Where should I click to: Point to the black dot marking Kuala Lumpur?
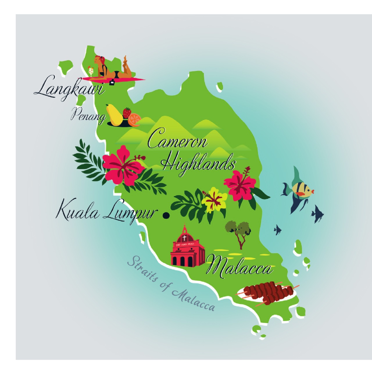(166, 215)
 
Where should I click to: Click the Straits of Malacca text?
(171, 285)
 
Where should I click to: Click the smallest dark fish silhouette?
(277, 230)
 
